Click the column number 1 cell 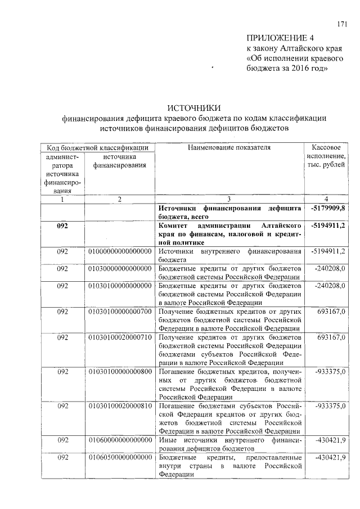tap(62, 199)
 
